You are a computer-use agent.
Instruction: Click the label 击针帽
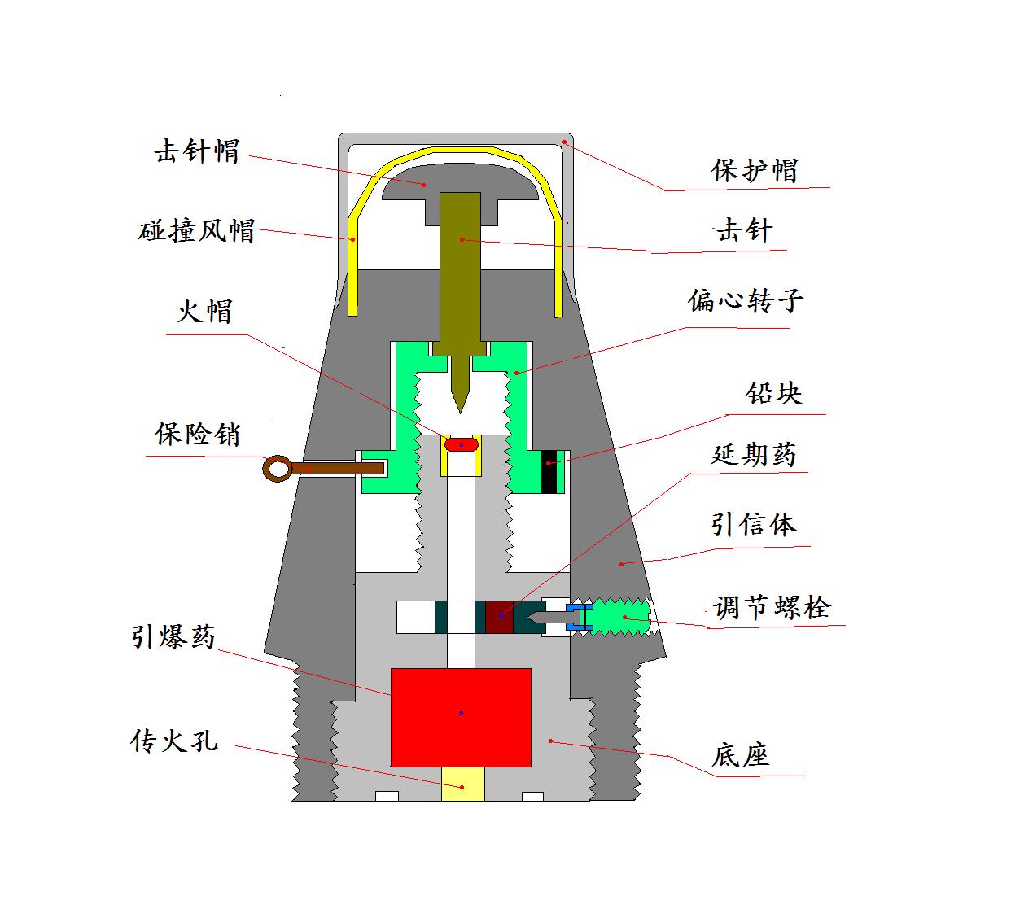click(197, 151)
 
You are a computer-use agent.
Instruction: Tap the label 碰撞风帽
click(196, 231)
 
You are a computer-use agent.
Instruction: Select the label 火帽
click(204, 311)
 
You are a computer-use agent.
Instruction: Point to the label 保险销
click(197, 434)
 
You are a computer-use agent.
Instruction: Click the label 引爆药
click(173, 636)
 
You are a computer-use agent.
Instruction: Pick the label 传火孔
click(174, 741)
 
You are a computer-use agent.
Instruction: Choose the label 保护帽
click(755, 170)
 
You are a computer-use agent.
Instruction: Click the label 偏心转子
click(746, 301)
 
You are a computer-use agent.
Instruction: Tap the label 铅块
click(774, 393)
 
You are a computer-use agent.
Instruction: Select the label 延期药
click(754, 455)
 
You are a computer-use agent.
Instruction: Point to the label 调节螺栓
click(772, 607)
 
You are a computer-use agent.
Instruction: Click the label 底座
click(741, 755)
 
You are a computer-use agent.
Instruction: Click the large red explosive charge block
click(462, 718)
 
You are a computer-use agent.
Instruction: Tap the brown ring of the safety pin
click(278, 469)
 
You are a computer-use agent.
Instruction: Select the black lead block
click(549, 472)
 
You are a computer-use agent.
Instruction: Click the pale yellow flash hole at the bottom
click(462, 784)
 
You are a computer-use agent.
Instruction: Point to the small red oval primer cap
click(462, 444)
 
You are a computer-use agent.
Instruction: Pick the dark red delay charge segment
click(499, 617)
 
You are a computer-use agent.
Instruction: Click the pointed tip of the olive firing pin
click(460, 413)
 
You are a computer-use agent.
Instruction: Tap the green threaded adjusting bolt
click(621, 617)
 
